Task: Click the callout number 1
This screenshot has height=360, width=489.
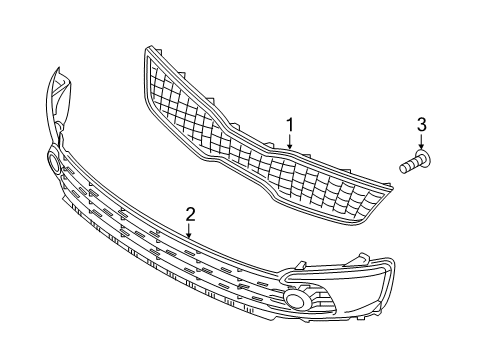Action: (290, 124)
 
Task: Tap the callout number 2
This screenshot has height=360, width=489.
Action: (189, 213)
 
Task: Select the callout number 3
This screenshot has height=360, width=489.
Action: (421, 124)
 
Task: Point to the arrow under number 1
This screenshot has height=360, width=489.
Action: (290, 141)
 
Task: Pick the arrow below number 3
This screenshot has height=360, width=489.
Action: (421, 144)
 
